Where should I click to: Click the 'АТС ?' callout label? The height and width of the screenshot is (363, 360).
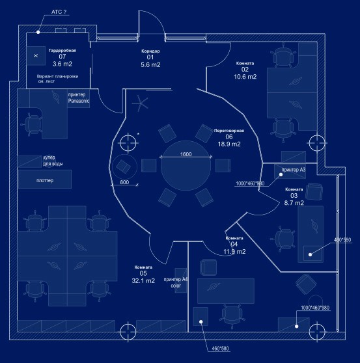59,12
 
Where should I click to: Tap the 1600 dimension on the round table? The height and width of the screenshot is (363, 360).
186,154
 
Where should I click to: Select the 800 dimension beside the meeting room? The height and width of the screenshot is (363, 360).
124,182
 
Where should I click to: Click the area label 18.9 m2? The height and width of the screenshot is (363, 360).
229,144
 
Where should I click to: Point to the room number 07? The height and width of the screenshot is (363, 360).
62,57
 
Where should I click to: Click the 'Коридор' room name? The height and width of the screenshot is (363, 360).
150,51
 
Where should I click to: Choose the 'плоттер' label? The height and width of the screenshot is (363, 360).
45,180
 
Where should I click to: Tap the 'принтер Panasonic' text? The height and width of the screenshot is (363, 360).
79,98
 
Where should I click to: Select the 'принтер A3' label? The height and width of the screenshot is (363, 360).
294,170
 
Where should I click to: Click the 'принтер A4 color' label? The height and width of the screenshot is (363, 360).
176,282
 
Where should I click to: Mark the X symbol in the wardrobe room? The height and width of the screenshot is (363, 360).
36,55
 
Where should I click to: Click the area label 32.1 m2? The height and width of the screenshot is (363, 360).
143,280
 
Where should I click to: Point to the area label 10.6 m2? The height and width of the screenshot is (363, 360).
245,77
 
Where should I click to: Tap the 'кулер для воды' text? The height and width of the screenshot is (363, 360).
53,161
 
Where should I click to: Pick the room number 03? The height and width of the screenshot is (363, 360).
294,196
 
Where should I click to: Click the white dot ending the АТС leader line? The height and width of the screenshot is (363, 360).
38,32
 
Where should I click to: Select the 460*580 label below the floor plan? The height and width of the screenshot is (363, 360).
220,349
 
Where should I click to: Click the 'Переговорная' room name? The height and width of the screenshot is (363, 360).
229,131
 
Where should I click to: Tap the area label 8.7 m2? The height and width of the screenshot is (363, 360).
294,203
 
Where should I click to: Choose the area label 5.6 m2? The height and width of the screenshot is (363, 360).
150,64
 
